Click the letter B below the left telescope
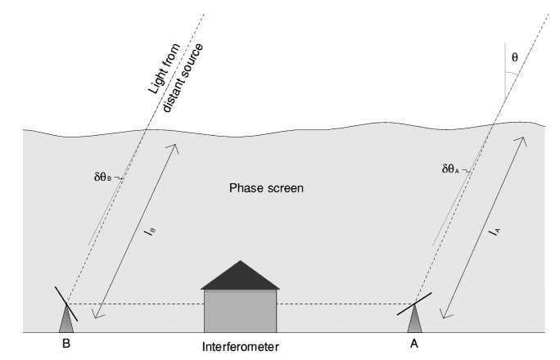[x=66, y=344]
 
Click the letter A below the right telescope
[x=414, y=344]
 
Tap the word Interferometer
[x=241, y=347]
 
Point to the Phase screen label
[x=266, y=188]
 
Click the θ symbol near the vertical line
[x=515, y=57]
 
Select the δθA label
[x=450, y=169]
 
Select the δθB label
[x=102, y=177]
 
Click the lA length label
[x=495, y=232]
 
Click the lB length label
[x=151, y=232]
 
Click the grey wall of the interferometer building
[x=241, y=311]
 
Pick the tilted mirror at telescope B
[x=66, y=304]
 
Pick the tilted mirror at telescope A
[x=414, y=304]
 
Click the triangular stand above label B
[x=66, y=319]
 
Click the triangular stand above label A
[x=414, y=319]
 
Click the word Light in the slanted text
[x=165, y=69]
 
